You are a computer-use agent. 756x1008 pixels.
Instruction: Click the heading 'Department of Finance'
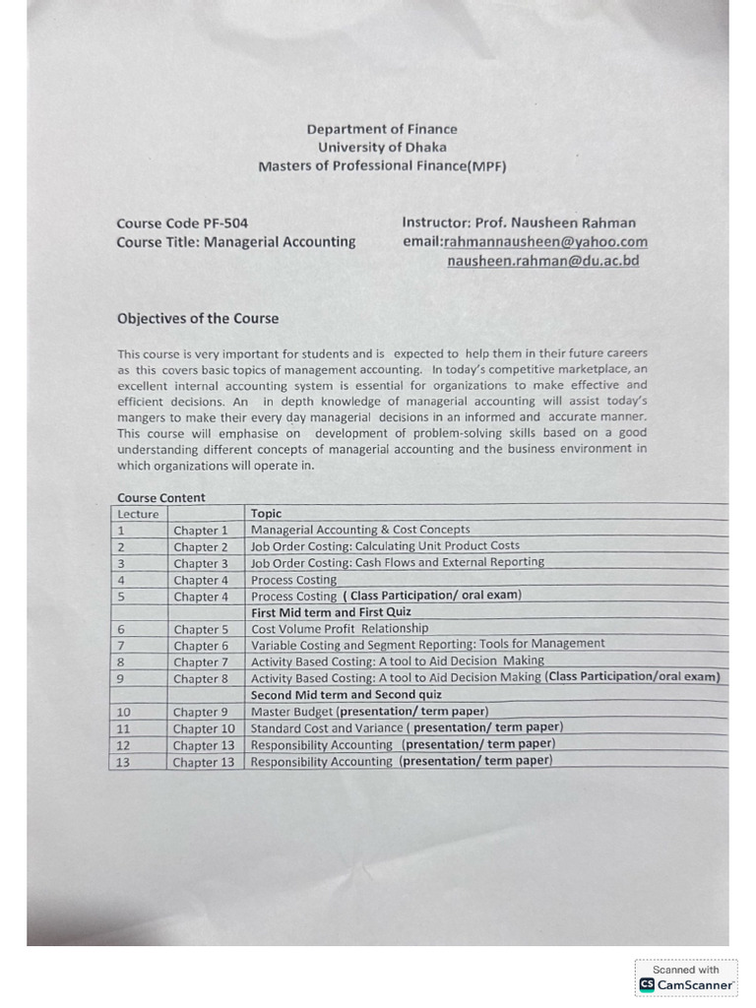point(382,129)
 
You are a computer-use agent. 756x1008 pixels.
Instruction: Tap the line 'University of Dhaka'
point(382,148)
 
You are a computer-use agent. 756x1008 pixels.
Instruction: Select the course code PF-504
point(225,223)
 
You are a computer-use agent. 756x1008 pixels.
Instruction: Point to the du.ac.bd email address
point(542,261)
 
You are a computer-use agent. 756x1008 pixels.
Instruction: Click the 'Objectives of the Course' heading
point(197,318)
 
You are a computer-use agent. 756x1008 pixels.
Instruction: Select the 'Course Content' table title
point(160,498)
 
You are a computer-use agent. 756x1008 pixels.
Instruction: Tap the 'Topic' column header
point(266,514)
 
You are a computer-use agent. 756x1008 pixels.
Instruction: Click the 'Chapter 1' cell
point(201,531)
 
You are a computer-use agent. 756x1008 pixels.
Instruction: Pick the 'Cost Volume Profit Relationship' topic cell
point(340,628)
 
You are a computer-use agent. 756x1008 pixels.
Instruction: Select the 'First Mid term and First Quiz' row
point(331,612)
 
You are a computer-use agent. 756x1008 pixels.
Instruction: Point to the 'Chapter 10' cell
point(204,728)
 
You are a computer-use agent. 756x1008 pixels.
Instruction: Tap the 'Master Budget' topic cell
point(369,711)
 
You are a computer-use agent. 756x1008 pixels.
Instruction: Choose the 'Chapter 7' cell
point(201,662)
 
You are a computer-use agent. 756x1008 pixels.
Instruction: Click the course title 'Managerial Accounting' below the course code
point(280,242)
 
